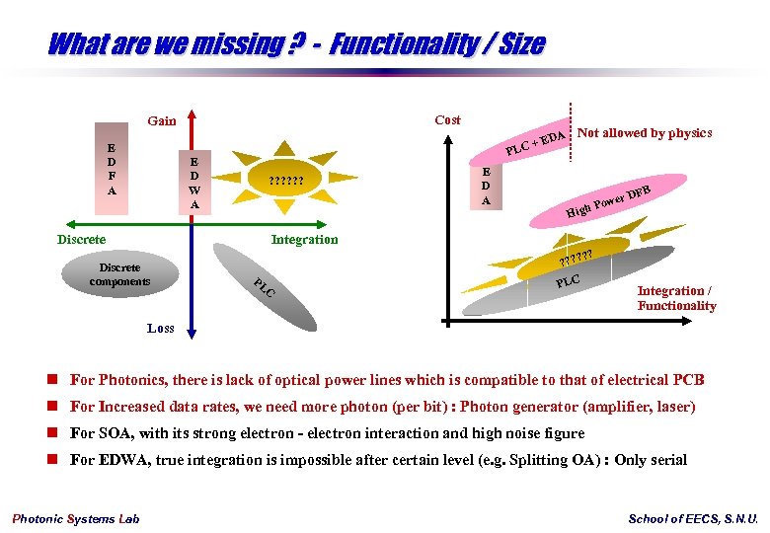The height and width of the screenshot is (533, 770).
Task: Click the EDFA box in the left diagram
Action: (x=111, y=169)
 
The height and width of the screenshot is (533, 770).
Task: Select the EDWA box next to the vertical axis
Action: (x=194, y=183)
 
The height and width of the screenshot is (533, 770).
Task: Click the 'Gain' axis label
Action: (x=162, y=121)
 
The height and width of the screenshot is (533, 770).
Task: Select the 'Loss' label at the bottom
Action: (x=161, y=328)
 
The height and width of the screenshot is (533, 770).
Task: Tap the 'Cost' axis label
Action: (x=447, y=119)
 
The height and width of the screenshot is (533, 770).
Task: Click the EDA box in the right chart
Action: (x=486, y=186)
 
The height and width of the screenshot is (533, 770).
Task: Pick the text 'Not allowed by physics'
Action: (x=645, y=133)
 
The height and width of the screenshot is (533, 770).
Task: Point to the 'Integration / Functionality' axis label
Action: (x=676, y=298)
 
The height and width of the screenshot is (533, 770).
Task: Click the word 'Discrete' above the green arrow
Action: (x=81, y=239)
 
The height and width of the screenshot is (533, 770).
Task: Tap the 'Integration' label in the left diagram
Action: (x=304, y=239)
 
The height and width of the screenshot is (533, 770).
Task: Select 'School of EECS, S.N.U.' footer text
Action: (x=693, y=519)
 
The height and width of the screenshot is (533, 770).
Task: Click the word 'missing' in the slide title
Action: (x=218, y=44)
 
